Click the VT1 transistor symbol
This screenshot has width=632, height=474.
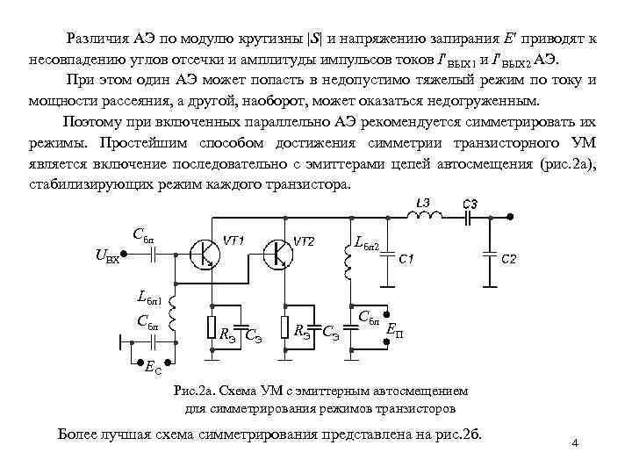pos(207,253)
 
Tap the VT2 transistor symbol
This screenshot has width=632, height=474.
pos(280,253)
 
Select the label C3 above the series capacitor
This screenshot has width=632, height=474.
pos(471,205)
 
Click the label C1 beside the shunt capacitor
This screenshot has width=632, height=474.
pos(407,260)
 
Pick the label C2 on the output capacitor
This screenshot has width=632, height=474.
pos(510,260)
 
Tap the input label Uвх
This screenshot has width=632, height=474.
pos(105,256)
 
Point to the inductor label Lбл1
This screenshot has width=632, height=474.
pos(150,297)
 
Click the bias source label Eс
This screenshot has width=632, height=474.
pos(152,370)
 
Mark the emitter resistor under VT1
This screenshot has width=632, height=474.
pos(211,327)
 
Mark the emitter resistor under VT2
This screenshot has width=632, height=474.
pos(284,327)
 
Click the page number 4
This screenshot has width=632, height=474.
pos(574,443)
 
